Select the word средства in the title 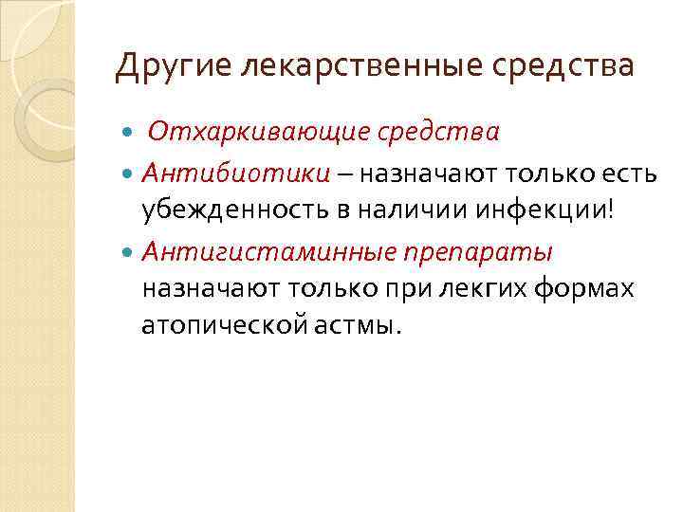coord(575,66)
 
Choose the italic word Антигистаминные coord(272,253)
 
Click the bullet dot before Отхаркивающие coord(130,131)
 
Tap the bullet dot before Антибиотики coord(130,174)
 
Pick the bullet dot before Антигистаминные coord(130,253)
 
